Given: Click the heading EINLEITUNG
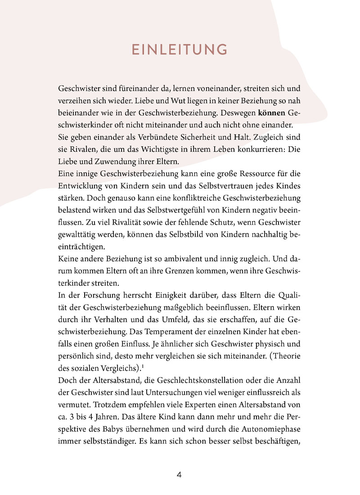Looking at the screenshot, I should (x=180, y=49).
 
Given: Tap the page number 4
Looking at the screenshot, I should (x=179, y=475).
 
